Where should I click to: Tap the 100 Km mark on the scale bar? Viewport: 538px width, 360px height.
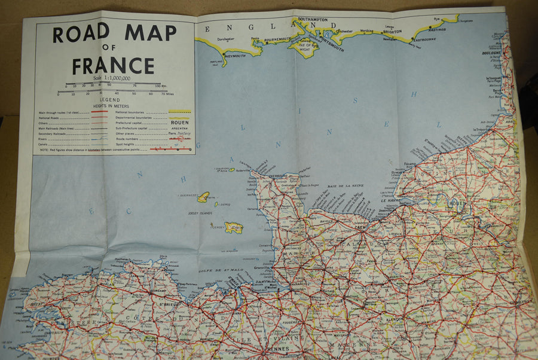pyautogui.click(x=158, y=87)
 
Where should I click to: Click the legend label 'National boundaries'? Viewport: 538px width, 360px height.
pyautogui.click(x=130, y=112)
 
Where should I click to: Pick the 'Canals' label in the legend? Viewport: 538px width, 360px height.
pyautogui.click(x=44, y=144)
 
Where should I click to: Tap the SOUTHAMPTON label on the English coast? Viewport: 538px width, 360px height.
pyautogui.click(x=312, y=20)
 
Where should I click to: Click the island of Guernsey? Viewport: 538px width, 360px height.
pyautogui.click(x=203, y=197)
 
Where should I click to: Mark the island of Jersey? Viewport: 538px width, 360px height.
pyautogui.click(x=233, y=228)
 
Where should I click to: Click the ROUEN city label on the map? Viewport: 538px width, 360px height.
pyautogui.click(x=457, y=203)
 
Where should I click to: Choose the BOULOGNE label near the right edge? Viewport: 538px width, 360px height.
pyautogui.click(x=491, y=53)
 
